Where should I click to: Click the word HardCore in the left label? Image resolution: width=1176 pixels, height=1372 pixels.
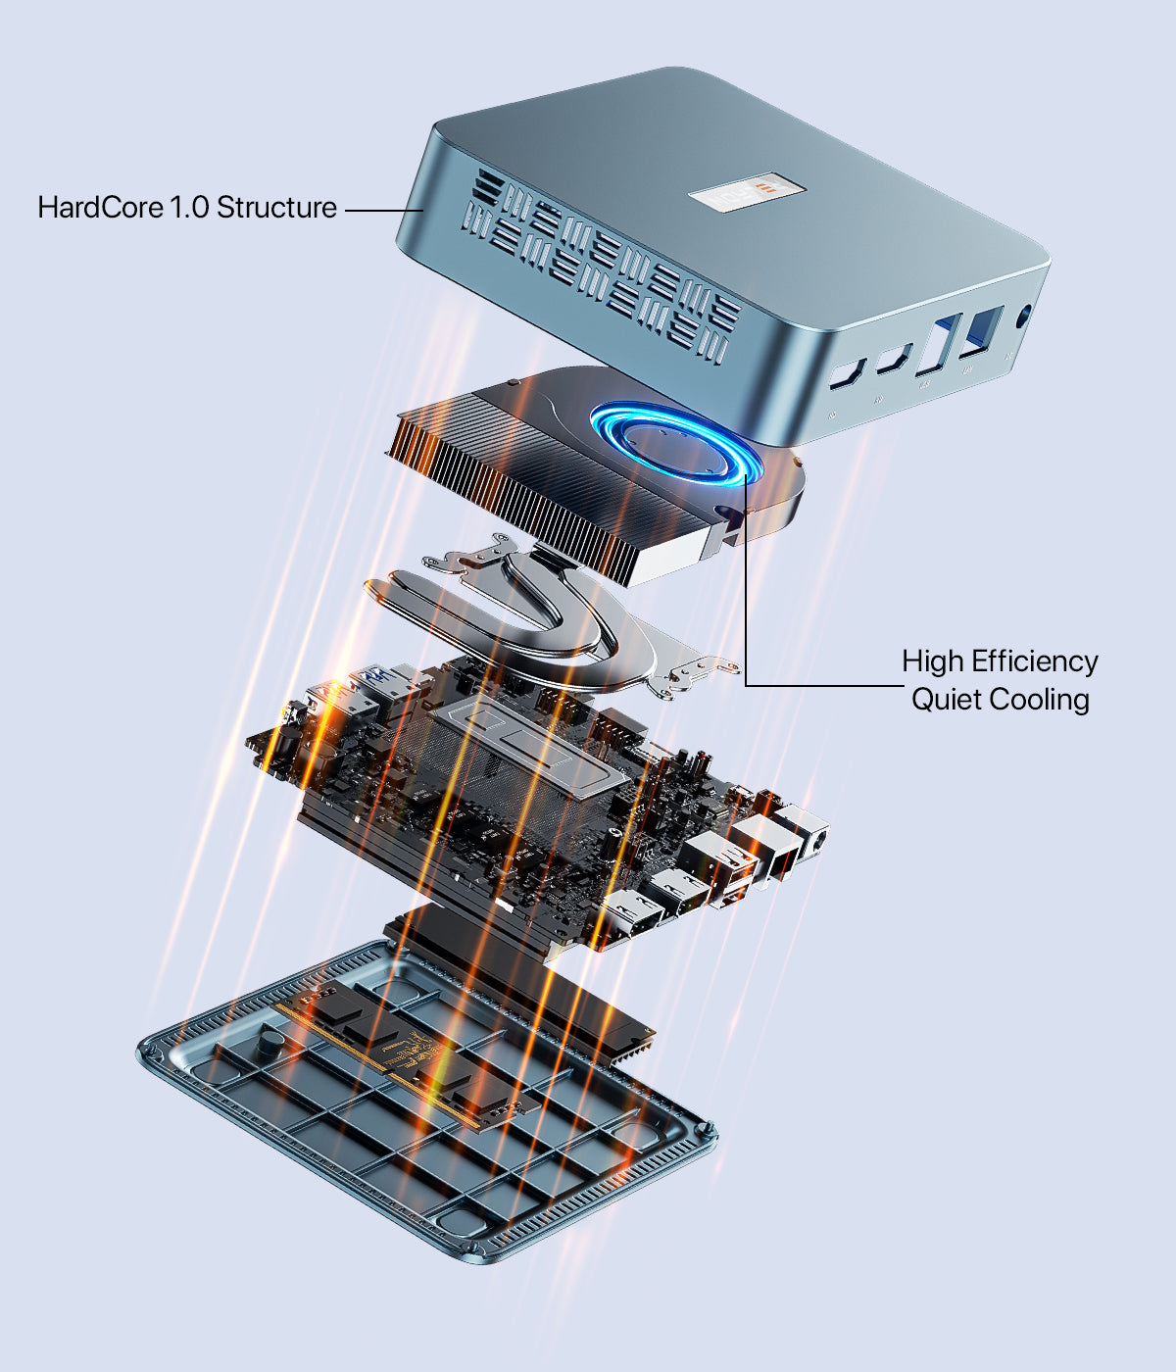point(100,207)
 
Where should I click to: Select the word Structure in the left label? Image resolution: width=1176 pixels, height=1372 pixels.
point(276,207)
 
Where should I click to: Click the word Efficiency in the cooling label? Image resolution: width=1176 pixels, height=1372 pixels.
point(1035,662)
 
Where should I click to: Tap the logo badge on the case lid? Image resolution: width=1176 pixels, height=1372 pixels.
point(748,192)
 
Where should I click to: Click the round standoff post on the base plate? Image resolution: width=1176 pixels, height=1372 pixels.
point(269,1043)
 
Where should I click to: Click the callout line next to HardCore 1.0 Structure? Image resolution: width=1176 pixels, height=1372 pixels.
point(384,211)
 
